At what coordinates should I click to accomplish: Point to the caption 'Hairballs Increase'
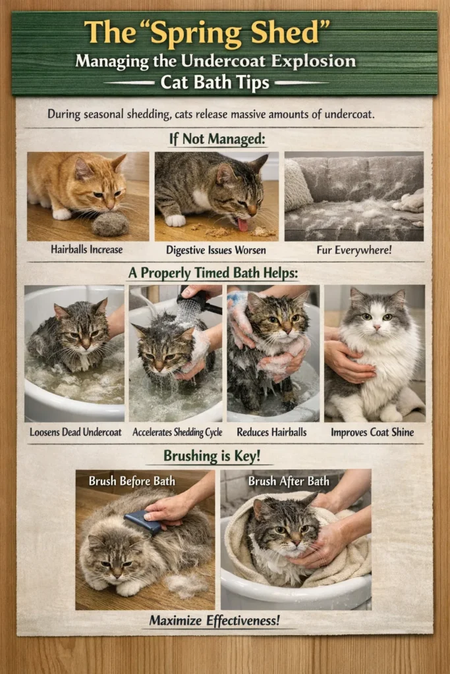(86, 249)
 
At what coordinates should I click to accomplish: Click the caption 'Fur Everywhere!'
(354, 249)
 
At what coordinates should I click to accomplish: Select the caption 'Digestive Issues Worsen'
(216, 249)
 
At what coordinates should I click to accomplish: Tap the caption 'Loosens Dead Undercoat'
(75, 432)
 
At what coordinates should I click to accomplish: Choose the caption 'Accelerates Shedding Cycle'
(177, 432)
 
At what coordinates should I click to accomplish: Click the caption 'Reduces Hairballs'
(271, 432)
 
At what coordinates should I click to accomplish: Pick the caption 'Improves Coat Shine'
(372, 432)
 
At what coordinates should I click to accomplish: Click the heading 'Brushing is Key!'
(211, 455)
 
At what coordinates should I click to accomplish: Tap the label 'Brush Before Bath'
(132, 480)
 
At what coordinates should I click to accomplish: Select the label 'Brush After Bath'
(289, 480)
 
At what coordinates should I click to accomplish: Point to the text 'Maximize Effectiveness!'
(214, 620)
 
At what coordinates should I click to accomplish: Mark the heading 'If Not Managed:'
(217, 139)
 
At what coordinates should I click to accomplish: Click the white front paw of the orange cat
(61, 214)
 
